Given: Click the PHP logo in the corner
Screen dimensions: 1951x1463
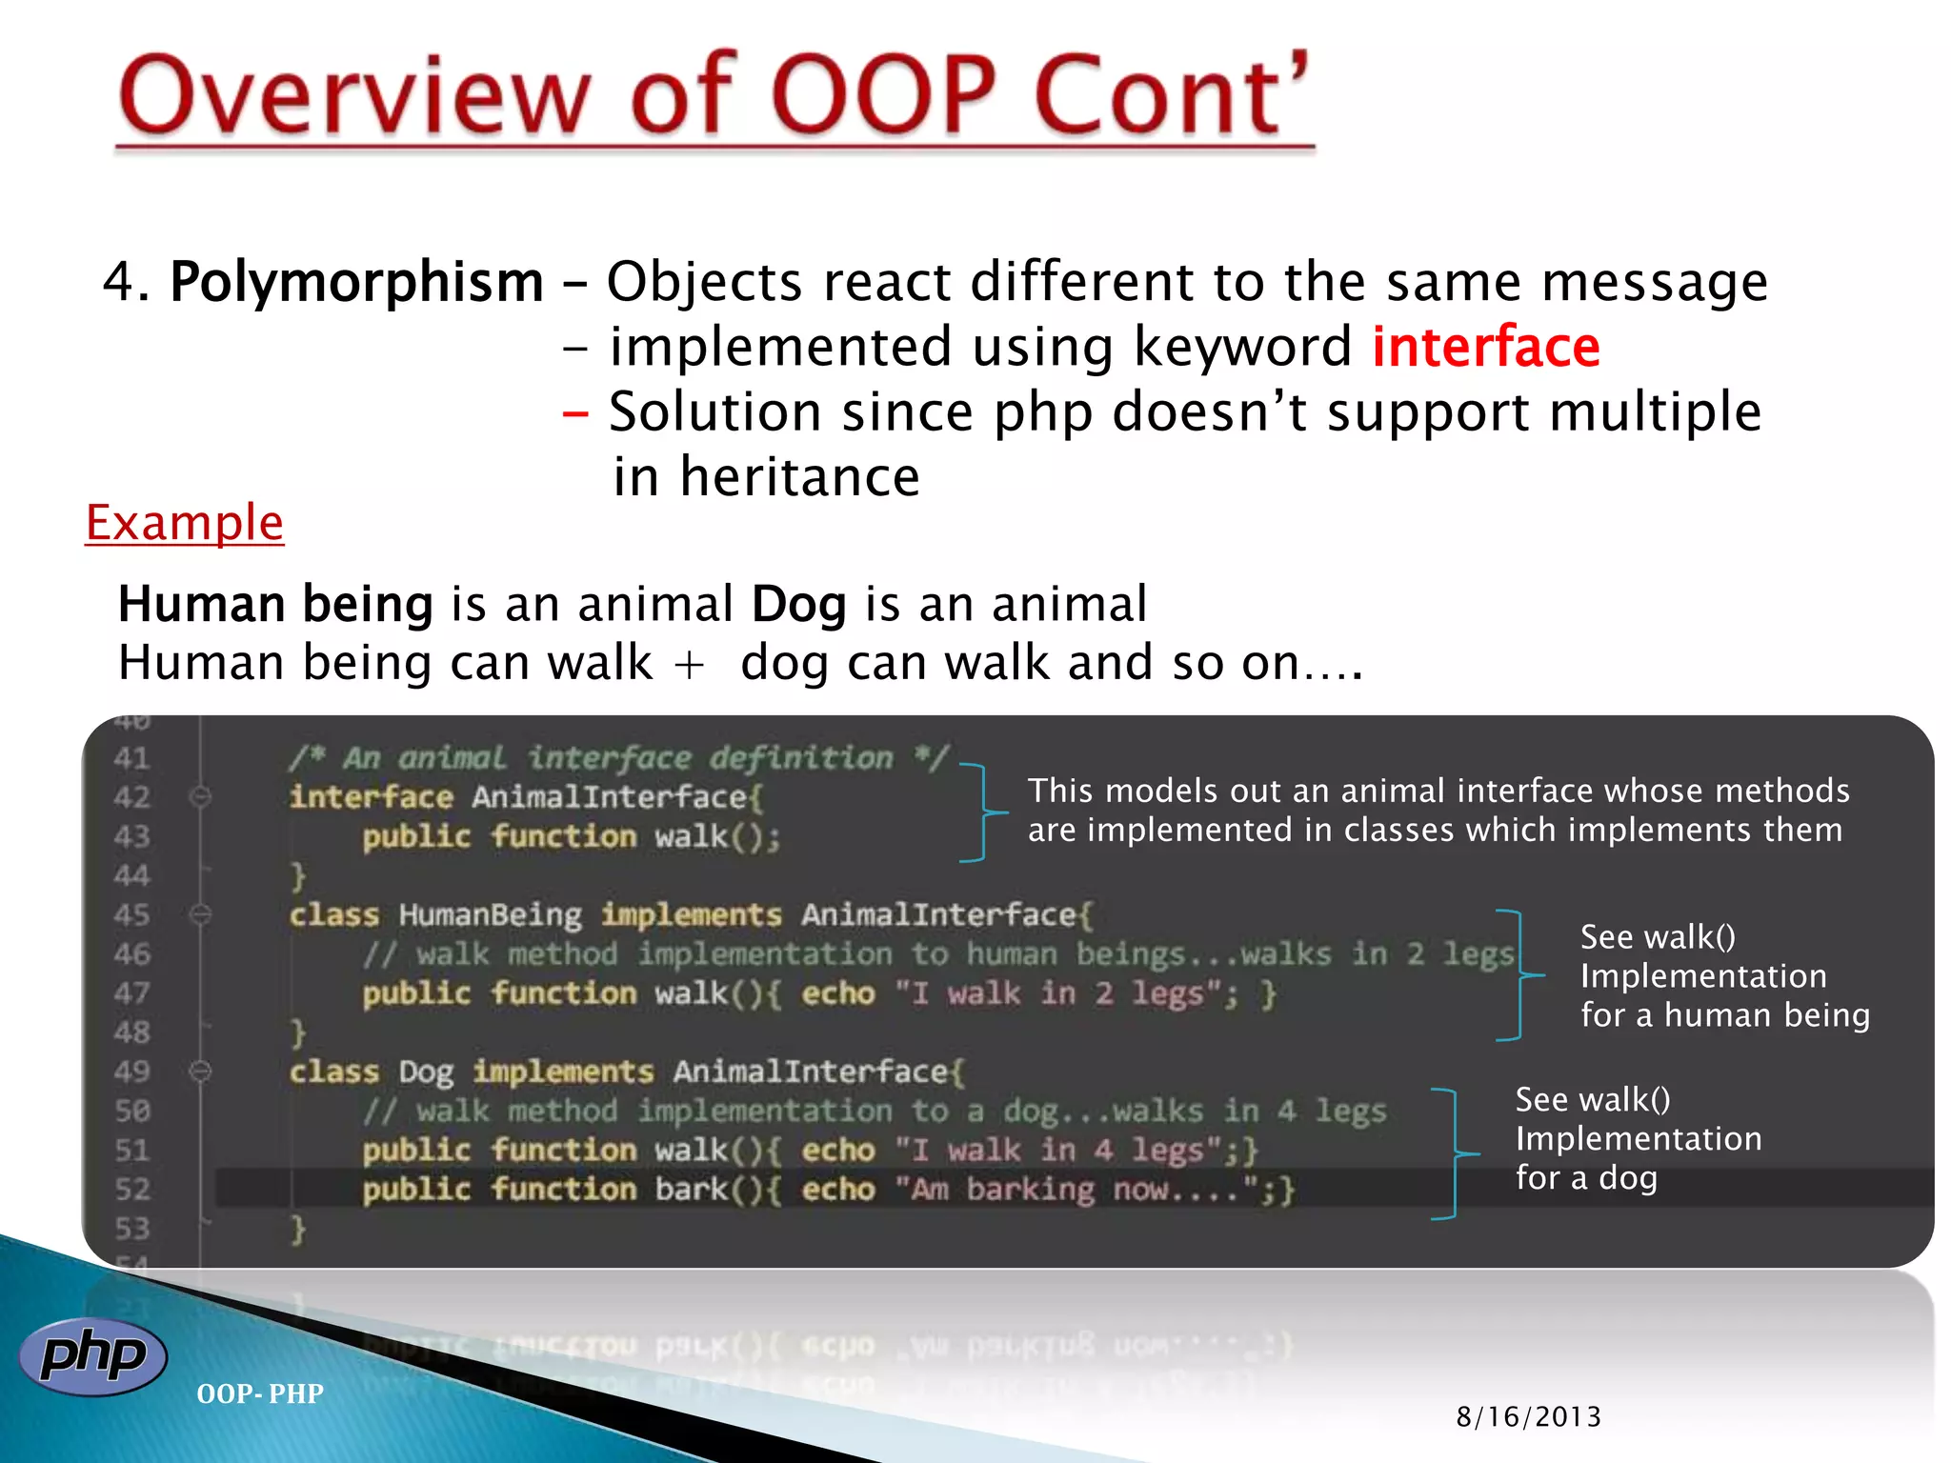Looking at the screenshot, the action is click(92, 1355).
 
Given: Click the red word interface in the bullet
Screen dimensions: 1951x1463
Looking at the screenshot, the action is click(1485, 347).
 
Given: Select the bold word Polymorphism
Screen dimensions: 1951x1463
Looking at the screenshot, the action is click(356, 282).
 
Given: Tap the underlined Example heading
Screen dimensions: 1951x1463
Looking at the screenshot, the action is click(185, 523).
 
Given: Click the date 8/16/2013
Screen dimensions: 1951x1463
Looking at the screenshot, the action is click(1528, 1417).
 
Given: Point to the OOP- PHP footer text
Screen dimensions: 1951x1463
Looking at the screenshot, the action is click(259, 1393).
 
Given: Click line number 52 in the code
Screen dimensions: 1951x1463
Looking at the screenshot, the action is click(132, 1189).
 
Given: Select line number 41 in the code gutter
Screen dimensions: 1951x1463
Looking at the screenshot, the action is click(132, 758).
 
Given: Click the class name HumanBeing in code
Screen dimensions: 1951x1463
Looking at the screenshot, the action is click(490, 915).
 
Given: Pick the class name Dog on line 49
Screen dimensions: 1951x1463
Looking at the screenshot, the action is click(426, 1072).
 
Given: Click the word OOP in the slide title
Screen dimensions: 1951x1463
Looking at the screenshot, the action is click(884, 95).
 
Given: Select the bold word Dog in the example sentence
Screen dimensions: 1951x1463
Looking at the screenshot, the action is click(798, 605).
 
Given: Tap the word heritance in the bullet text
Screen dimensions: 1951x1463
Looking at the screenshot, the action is click(799, 477).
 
